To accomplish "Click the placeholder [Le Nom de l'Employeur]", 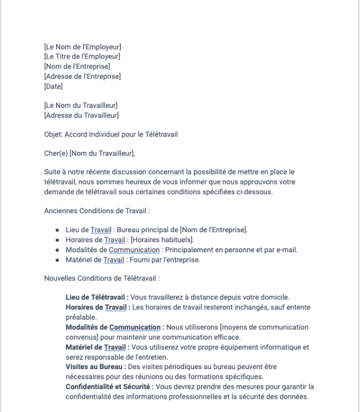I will pyautogui.click(x=82, y=47).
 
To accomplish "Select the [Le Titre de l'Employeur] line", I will pyautogui.click(x=82, y=57).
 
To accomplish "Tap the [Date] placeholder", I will pyautogui.click(x=53, y=86).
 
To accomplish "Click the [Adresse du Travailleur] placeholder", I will pyautogui.click(x=81, y=115).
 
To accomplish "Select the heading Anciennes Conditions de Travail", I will pyautogui.click(x=97, y=212).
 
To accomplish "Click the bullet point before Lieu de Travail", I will pyautogui.click(x=57, y=231).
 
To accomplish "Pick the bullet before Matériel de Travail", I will pyautogui.click(x=57, y=259).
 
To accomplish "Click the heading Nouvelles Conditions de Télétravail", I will pyautogui.click(x=102, y=278).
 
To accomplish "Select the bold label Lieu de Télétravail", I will pyautogui.click(x=97, y=297).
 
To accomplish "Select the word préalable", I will pyautogui.click(x=80, y=317).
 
